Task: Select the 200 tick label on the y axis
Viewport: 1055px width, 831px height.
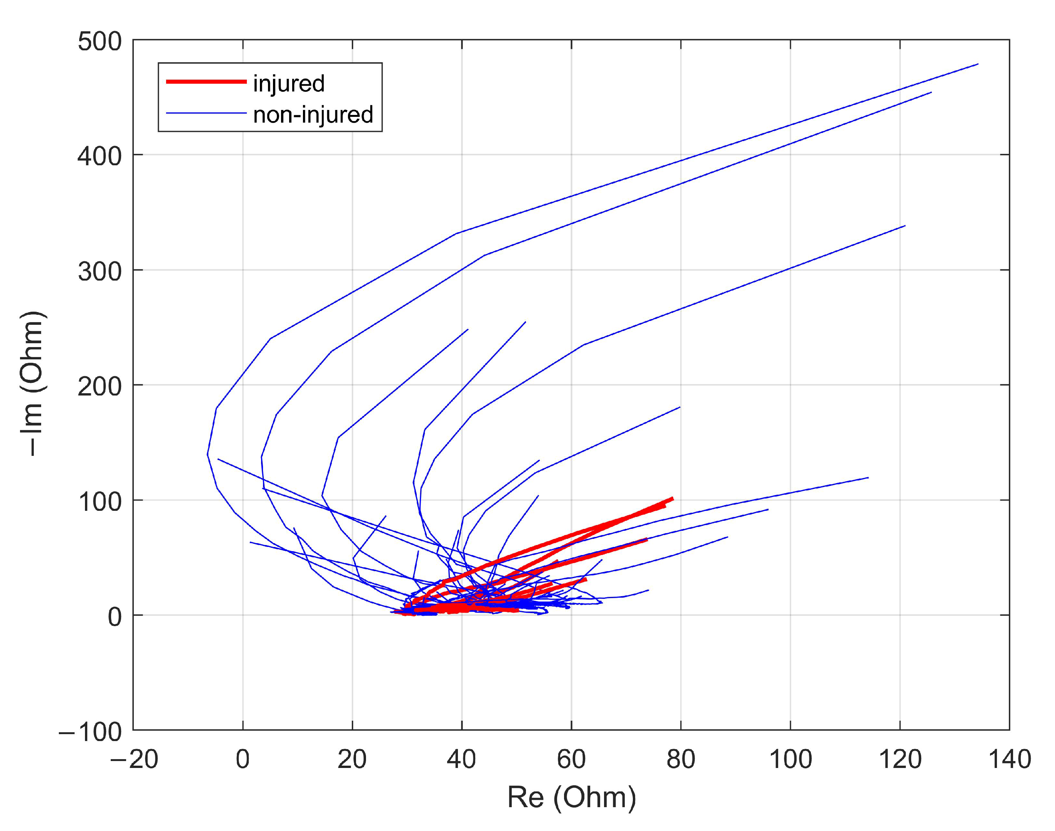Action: pyautogui.click(x=99, y=387)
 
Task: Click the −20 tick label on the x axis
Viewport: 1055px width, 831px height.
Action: pyautogui.click(x=134, y=759)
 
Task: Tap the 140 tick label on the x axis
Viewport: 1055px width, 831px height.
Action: pyautogui.click(x=1009, y=759)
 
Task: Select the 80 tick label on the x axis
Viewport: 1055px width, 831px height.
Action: pyautogui.click(x=680, y=759)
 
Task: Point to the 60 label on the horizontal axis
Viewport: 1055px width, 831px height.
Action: pyautogui.click(x=571, y=759)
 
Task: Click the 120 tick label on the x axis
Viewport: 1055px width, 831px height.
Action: pyautogui.click(x=900, y=759)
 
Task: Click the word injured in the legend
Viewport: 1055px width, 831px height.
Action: pyautogui.click(x=289, y=83)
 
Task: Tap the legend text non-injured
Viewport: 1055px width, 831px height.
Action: pyautogui.click(x=313, y=114)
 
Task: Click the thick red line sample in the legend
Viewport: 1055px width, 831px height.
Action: pyautogui.click(x=206, y=81)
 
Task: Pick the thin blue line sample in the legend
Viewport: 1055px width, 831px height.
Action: pyautogui.click(x=206, y=113)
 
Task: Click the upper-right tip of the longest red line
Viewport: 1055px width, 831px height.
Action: pyautogui.click(x=672, y=498)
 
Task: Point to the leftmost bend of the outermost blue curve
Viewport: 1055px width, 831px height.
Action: pyautogui.click(x=208, y=454)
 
